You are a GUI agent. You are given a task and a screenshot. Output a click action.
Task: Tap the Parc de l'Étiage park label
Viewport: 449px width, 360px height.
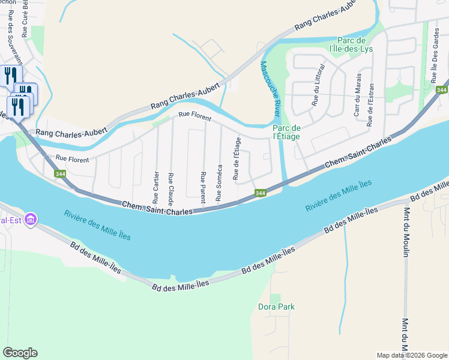[x=286, y=132]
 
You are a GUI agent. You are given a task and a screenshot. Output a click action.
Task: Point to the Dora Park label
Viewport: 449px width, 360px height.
[x=276, y=307]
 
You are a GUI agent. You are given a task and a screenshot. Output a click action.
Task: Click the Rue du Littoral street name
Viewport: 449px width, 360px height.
[x=315, y=85]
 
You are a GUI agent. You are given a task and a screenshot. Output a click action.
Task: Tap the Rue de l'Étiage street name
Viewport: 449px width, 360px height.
[x=237, y=158]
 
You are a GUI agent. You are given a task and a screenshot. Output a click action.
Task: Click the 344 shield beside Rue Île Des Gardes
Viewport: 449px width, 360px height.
[x=442, y=90]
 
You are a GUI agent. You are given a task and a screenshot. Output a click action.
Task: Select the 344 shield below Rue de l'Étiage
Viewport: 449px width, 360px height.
[x=260, y=193]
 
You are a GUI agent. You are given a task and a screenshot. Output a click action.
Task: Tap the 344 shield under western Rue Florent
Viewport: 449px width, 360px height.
[x=60, y=174]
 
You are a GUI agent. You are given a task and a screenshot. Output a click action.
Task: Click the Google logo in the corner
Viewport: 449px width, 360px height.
[x=20, y=353]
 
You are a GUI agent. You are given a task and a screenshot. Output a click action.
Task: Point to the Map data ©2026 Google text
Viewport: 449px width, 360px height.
[x=411, y=355]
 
